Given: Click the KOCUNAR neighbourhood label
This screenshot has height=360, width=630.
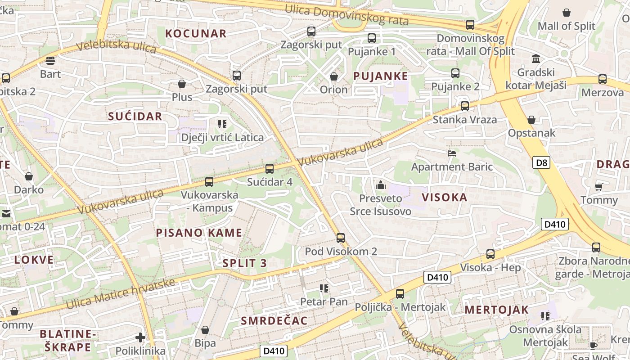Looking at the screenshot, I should [196, 33].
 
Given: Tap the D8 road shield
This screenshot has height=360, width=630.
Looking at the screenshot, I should [541, 162].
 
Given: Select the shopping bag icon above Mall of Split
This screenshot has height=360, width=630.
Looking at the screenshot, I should [567, 13].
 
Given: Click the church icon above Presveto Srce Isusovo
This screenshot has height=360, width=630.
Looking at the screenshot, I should [381, 184].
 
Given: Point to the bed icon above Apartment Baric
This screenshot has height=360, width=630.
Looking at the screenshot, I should [452, 153].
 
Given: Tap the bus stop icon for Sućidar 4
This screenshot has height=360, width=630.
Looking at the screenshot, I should [270, 169].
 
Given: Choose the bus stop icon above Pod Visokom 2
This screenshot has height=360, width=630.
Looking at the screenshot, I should [341, 238].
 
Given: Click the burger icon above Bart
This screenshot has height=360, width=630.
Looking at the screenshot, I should [50, 61].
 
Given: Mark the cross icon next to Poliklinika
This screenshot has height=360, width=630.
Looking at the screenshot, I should [140, 337].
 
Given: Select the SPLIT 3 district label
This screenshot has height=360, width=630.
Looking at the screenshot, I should [245, 263].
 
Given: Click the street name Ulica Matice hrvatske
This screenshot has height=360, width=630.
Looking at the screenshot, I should [120, 293].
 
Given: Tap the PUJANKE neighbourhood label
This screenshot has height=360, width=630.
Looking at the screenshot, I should [381, 76].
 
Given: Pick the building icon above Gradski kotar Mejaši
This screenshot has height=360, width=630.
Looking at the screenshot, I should [536, 59].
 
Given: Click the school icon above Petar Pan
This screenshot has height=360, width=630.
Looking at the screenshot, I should [324, 288].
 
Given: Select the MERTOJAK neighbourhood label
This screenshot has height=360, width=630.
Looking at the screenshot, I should [496, 310].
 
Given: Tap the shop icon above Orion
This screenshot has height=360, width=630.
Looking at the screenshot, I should [334, 76].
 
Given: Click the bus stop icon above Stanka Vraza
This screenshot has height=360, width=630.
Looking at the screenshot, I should [465, 106].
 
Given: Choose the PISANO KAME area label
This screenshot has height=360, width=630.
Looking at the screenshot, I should [199, 233].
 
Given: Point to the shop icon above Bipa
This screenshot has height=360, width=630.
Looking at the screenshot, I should [205, 330].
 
